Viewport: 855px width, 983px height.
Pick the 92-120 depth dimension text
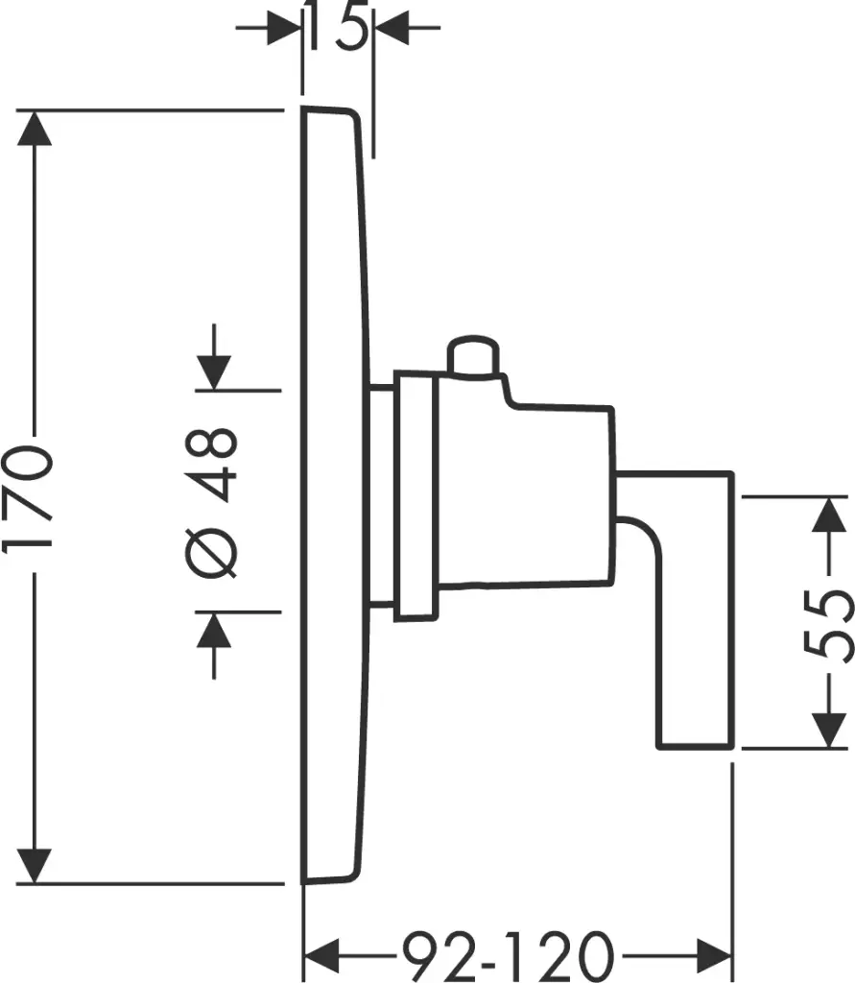click(x=507, y=956)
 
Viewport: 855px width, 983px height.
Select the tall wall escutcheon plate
click(x=332, y=493)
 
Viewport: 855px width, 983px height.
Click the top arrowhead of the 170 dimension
click(x=36, y=129)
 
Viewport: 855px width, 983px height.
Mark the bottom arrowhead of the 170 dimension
click(x=36, y=864)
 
